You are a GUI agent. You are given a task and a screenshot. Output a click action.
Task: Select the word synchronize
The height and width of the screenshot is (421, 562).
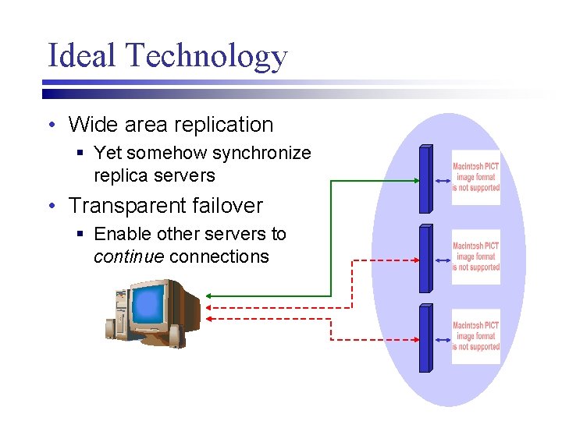[261, 153]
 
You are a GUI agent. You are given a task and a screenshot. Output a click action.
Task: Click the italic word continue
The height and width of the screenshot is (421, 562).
[129, 257]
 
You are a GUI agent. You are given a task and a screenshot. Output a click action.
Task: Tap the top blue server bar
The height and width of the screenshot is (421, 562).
[425, 180]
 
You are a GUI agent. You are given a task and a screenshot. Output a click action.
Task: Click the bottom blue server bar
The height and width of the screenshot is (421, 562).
[425, 338]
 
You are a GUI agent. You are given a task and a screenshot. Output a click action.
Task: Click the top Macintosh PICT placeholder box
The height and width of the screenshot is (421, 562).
[475, 178]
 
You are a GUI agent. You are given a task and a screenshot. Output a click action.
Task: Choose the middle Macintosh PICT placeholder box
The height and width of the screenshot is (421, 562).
[475, 257]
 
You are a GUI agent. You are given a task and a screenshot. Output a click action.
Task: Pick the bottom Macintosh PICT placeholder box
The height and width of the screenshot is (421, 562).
[475, 336]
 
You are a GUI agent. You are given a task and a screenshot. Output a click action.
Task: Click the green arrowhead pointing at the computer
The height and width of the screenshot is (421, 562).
[211, 296]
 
